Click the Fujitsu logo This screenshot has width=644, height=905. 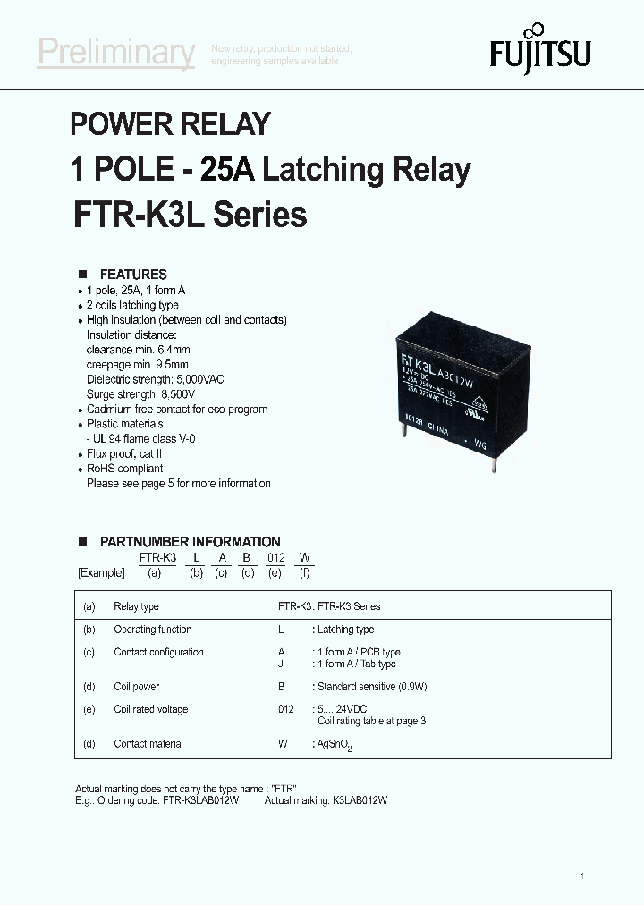click(x=539, y=52)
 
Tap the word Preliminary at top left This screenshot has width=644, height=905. click(x=115, y=54)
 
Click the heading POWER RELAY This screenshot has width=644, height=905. click(x=170, y=124)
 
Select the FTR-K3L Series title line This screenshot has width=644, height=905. click(x=189, y=216)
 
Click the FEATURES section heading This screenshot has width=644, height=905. click(x=133, y=275)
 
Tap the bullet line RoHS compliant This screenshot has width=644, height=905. click(x=124, y=469)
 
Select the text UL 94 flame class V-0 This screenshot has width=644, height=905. click(x=143, y=439)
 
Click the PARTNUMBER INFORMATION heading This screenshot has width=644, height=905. click(x=190, y=542)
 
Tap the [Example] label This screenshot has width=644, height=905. click(x=101, y=572)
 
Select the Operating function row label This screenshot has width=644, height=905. click(x=152, y=630)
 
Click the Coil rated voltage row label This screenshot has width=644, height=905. click(x=150, y=709)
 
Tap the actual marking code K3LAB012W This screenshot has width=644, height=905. click(x=351, y=800)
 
